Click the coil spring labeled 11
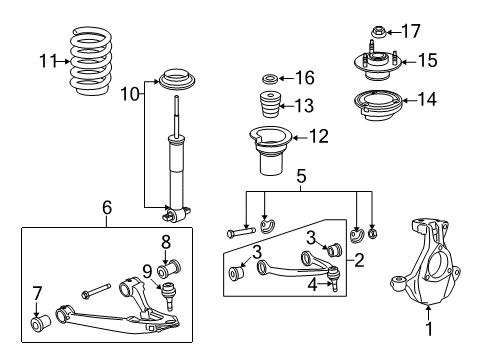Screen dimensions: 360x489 point(101,62)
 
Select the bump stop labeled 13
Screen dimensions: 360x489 point(270,106)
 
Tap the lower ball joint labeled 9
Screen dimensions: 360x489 point(169,296)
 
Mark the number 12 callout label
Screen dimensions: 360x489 point(319,135)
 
